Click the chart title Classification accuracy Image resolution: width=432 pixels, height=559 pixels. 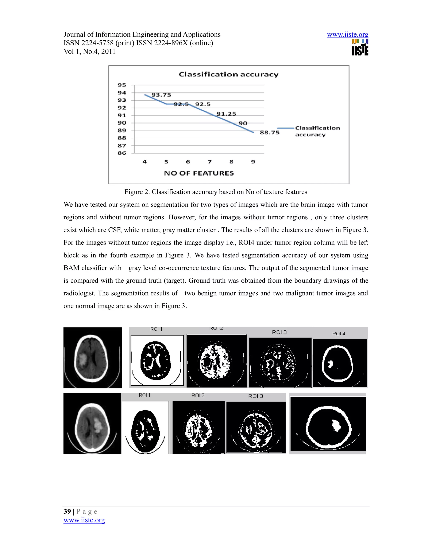pos(228,74)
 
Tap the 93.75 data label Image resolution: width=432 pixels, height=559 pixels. pos(161,95)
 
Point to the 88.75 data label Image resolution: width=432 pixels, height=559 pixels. pos(270,133)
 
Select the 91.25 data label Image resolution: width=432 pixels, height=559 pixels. pos(226,114)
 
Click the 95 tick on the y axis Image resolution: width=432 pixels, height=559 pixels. pos(122,85)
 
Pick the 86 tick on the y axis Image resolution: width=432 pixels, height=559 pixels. pos(122,153)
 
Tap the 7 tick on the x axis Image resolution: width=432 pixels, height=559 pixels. pos(210,162)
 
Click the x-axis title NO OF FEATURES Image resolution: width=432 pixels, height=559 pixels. pos(199,173)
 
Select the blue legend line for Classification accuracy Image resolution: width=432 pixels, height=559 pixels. pos(285,128)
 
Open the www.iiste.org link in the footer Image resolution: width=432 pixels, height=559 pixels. pos(84,520)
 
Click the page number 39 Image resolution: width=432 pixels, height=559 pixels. pos(67,511)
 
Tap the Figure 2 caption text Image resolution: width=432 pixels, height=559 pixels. pos(216,192)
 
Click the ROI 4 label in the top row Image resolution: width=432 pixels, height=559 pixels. pos(338,334)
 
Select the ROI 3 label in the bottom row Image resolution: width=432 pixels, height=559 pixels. pos(255,396)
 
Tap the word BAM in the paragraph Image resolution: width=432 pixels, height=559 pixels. pos(72,268)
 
